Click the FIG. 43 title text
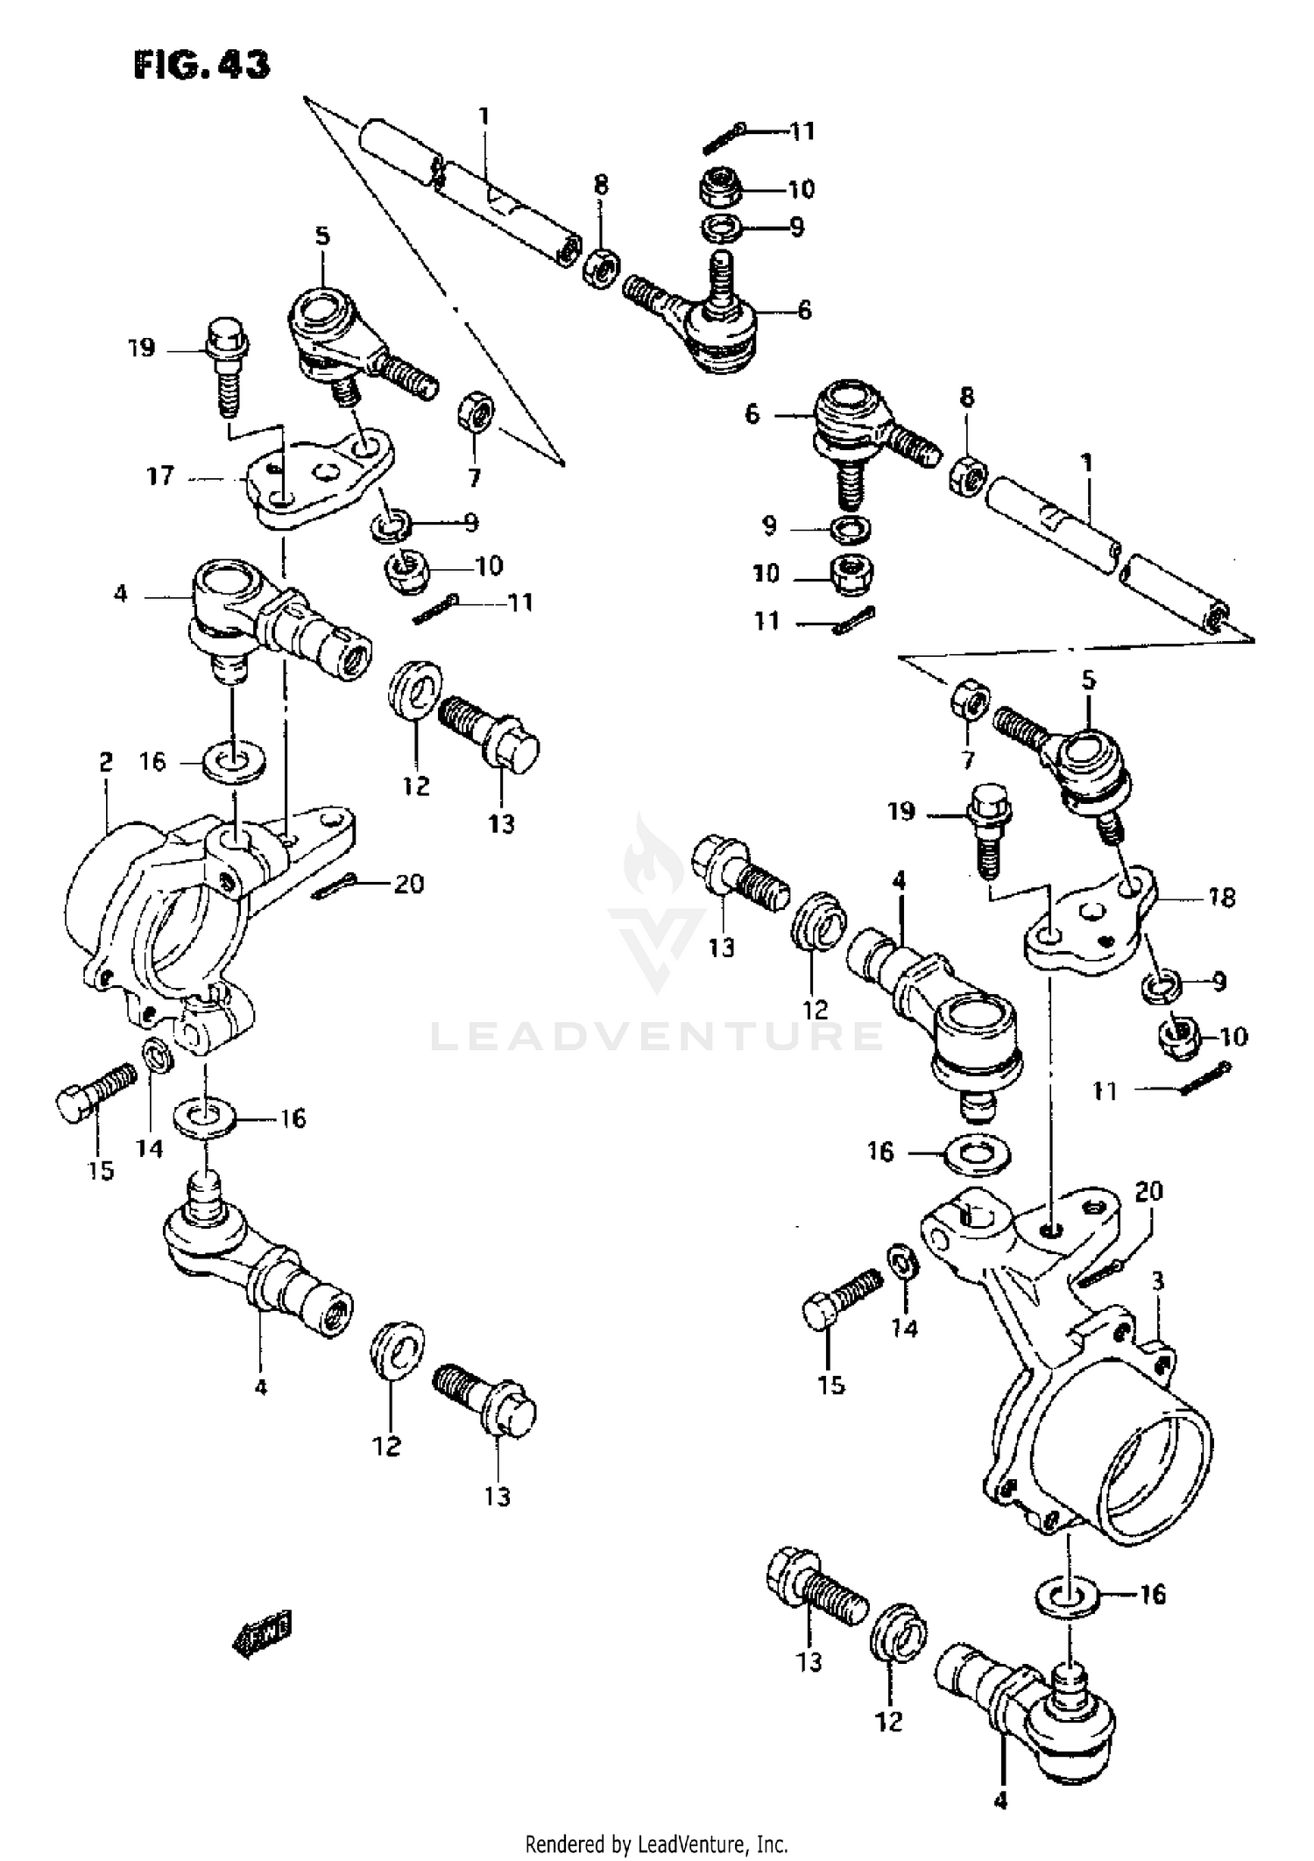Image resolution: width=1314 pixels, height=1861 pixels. [201, 64]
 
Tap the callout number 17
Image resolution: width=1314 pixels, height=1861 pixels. [160, 476]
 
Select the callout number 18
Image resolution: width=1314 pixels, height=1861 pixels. [1221, 898]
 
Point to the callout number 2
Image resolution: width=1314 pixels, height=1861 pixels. [105, 762]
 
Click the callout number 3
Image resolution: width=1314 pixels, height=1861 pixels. [1157, 1282]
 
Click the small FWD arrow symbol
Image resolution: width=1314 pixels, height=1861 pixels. [261, 1632]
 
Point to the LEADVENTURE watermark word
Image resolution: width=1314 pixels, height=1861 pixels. [657, 1037]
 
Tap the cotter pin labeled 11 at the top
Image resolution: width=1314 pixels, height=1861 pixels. [724, 138]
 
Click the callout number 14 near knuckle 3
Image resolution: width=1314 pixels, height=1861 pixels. [904, 1329]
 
